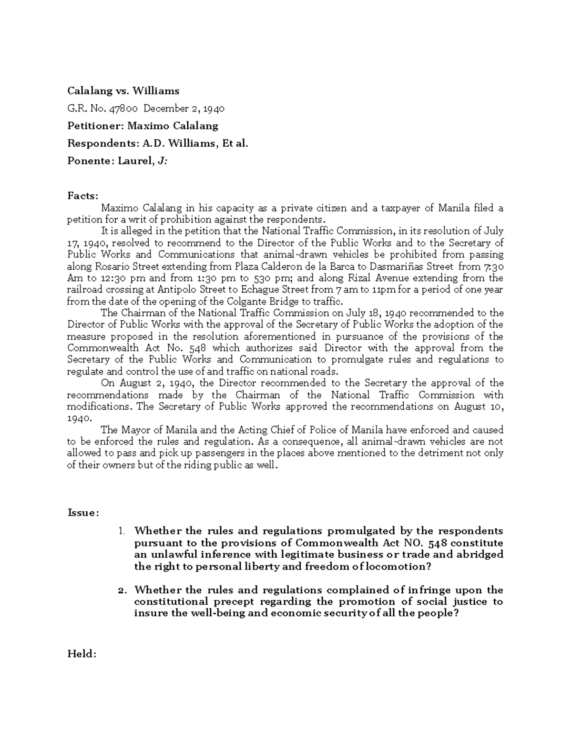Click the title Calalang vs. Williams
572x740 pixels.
click(x=123, y=91)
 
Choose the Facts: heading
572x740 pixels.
click(x=83, y=196)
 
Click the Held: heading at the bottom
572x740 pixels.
click(x=82, y=654)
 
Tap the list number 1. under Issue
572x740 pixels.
click(x=122, y=531)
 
